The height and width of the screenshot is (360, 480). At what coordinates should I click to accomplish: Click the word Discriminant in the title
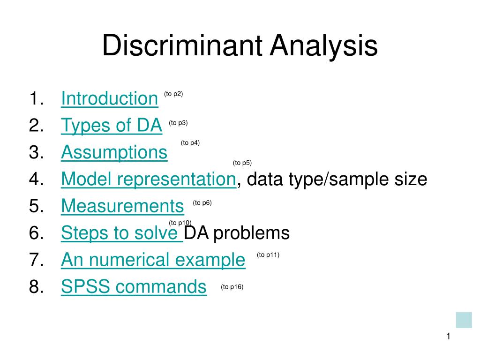pos(182,45)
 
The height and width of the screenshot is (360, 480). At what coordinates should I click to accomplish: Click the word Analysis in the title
pos(323,45)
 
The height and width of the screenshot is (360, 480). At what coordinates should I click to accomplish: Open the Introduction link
pos(110,98)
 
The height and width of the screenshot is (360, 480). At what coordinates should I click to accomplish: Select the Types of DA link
pos(112,125)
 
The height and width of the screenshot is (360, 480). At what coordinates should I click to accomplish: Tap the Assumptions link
pos(114,152)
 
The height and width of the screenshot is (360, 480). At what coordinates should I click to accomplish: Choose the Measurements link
pos(122,206)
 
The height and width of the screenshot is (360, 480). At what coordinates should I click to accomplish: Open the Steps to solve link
pos(122,232)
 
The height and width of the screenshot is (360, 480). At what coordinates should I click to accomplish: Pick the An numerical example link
pos(153,260)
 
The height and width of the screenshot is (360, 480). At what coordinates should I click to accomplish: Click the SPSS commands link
pos(134,286)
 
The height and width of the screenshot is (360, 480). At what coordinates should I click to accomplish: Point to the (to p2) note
pos(173,94)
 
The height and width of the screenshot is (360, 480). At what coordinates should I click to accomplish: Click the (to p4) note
pos(190,142)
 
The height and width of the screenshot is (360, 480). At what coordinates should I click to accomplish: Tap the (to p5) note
pos(242,163)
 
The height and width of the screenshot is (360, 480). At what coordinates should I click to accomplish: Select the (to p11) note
pos(268,255)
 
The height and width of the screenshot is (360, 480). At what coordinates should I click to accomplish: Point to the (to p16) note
pos(232,287)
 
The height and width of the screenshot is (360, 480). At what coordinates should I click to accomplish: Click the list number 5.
pos(37,206)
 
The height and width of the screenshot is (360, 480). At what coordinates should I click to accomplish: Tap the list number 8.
pos(37,286)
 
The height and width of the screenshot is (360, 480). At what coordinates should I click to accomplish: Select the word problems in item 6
pos(251,233)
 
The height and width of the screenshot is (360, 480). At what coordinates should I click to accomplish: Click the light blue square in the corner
pos(464,320)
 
